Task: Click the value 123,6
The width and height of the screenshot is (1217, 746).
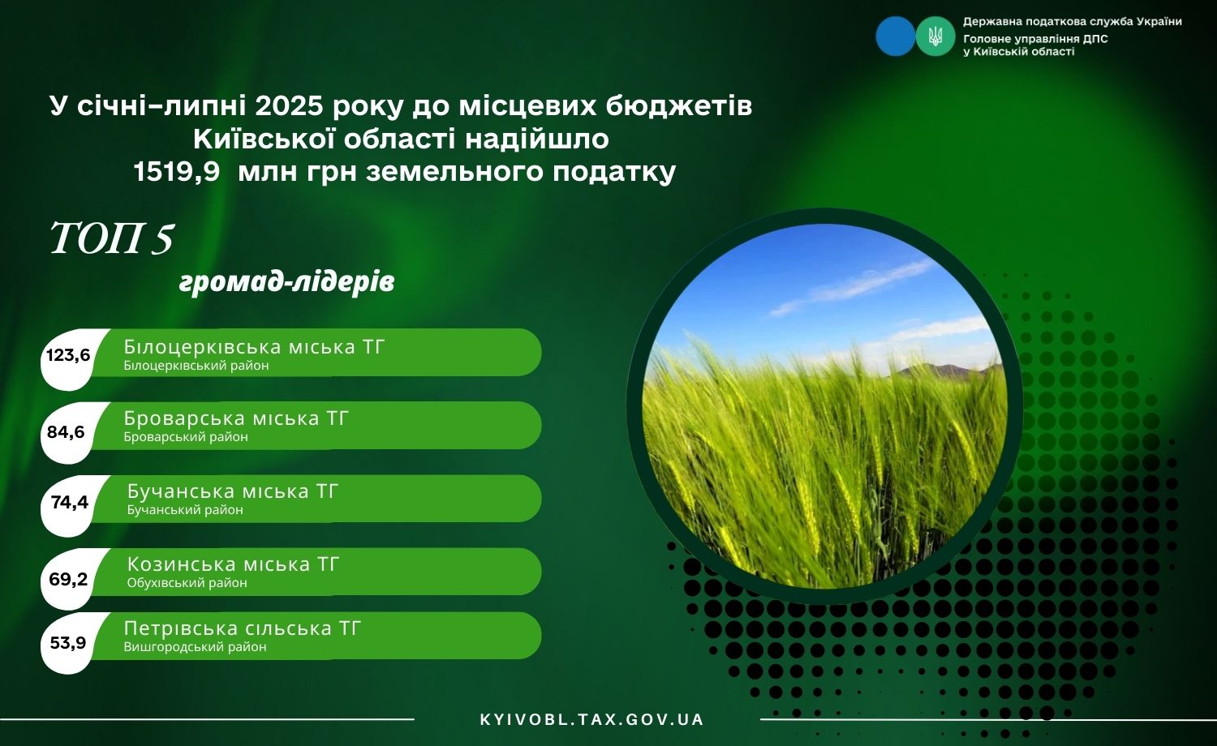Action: (x=68, y=355)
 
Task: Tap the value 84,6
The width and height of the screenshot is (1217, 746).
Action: (x=66, y=432)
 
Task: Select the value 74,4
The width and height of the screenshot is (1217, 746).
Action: (x=70, y=503)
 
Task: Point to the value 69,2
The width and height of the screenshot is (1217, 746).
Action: (x=68, y=579)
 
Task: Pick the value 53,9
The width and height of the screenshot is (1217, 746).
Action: (x=67, y=643)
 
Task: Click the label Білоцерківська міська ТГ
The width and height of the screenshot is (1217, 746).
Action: (x=254, y=347)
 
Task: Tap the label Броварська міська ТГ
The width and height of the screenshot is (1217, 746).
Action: (x=236, y=418)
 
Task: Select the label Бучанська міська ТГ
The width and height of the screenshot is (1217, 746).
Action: (x=233, y=491)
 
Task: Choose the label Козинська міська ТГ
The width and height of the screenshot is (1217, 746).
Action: (x=233, y=564)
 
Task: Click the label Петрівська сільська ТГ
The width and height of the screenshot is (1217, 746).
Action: (x=243, y=628)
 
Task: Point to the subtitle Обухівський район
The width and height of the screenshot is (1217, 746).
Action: (x=187, y=583)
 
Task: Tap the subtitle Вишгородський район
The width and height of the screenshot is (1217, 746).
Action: (x=195, y=647)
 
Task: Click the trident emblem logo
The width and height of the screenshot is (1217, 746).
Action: (x=935, y=36)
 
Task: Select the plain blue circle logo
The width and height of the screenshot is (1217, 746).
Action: (x=896, y=36)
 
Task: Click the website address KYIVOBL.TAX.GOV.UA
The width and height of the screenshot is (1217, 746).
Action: (x=591, y=720)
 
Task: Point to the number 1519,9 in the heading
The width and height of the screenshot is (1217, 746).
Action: (x=177, y=172)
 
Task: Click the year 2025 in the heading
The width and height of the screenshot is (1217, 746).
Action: (x=290, y=106)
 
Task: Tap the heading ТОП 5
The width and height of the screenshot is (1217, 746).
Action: (x=111, y=239)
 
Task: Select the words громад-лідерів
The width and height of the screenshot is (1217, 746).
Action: (x=286, y=282)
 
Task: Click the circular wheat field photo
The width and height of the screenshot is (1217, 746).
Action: (x=824, y=406)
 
